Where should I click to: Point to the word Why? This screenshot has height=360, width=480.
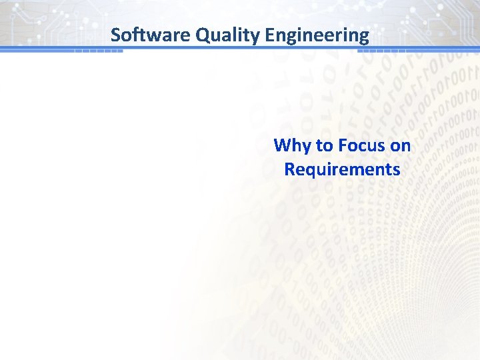289,145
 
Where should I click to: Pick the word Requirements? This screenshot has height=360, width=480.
342,169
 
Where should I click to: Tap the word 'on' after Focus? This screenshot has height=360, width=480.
401,145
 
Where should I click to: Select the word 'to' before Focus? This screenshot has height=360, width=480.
323,145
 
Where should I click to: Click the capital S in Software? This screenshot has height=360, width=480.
115,35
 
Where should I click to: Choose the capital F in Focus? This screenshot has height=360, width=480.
341,145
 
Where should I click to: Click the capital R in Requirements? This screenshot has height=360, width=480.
289,169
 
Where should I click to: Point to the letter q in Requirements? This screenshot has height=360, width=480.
308,171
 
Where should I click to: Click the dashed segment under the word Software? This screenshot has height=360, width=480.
98,50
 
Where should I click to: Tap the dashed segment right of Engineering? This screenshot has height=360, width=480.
388,50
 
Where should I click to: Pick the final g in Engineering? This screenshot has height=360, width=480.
364,37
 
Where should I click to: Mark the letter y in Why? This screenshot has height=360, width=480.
301,147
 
